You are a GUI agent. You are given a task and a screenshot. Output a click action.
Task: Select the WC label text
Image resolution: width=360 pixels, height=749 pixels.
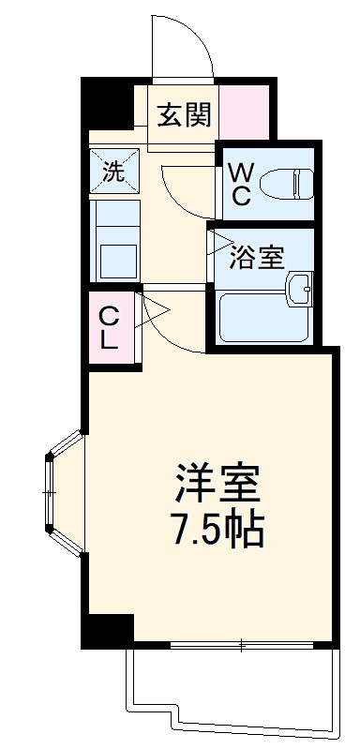[240, 183]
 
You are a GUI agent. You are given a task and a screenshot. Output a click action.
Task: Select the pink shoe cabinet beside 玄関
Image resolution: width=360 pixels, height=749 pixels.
[245, 111]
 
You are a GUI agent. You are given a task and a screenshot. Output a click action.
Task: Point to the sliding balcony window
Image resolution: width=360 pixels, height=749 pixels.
[242, 645]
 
